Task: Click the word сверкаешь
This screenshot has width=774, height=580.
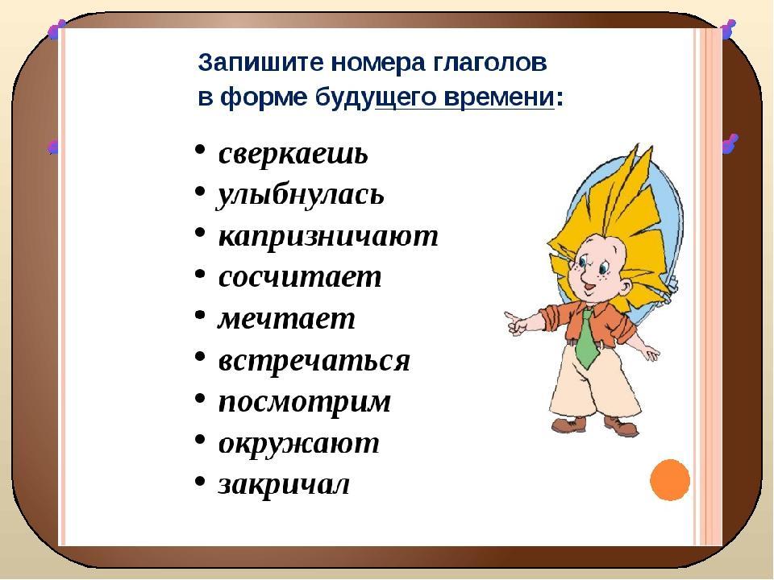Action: (293, 154)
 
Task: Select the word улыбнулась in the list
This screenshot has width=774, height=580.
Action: (301, 196)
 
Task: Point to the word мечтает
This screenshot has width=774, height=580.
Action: (286, 319)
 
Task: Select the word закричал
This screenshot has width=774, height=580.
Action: (284, 484)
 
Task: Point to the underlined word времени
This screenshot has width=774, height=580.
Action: (498, 97)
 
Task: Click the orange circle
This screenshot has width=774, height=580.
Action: (670, 480)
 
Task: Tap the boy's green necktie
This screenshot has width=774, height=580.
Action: (588, 338)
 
